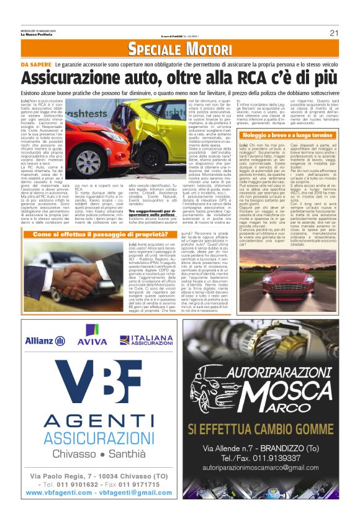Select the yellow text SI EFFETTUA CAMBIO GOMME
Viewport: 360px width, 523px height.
click(x=270, y=429)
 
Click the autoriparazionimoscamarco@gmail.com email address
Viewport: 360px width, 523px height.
click(x=269, y=467)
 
